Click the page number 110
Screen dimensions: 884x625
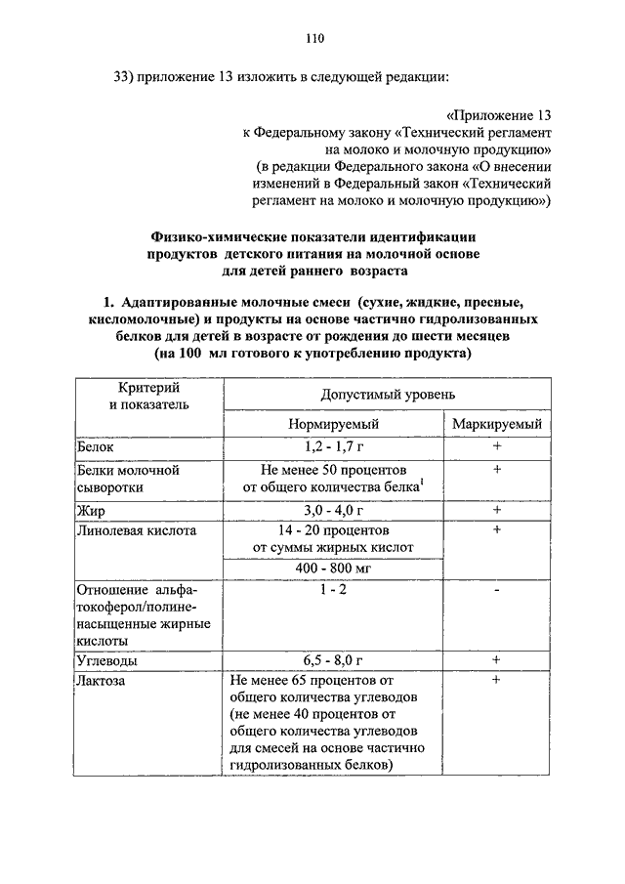coord(313,39)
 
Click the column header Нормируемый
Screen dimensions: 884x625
coord(333,425)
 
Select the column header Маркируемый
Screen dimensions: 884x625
coord(496,425)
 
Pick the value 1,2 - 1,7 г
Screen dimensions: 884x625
coord(333,446)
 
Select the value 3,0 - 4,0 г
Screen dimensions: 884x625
coord(333,509)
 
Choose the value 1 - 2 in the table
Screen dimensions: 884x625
coord(333,592)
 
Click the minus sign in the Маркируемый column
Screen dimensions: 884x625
coord(496,592)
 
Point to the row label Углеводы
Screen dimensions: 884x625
coord(108,660)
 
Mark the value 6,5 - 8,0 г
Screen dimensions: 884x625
coord(333,660)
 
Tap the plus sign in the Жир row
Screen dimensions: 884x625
coord(496,509)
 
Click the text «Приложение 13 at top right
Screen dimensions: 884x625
coord(500,114)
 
